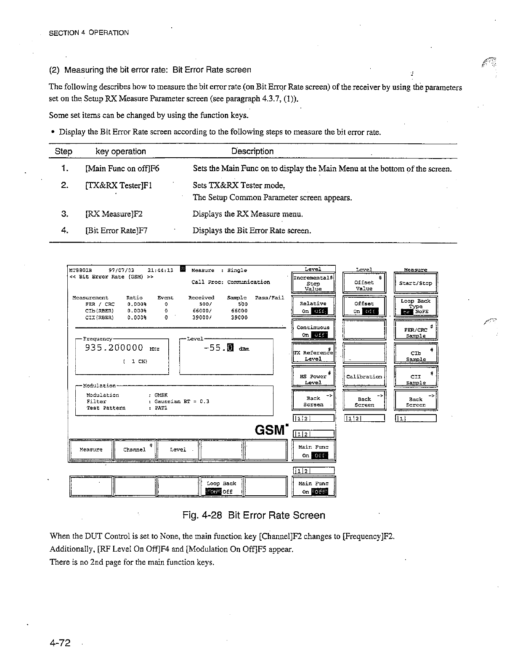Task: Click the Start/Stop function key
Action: coord(416,283)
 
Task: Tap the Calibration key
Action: coord(364,377)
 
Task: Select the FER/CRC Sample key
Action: coord(416,330)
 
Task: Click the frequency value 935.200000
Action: coord(114,348)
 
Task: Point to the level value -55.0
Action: coord(218,348)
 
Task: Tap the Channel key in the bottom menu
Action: coord(135,449)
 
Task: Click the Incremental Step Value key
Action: coord(313,283)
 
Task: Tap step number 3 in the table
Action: coord(65,214)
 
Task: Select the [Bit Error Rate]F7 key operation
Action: coord(116,230)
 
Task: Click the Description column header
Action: coord(252,151)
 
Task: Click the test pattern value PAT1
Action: coord(161,408)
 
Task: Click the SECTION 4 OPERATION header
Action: coord(89,33)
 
